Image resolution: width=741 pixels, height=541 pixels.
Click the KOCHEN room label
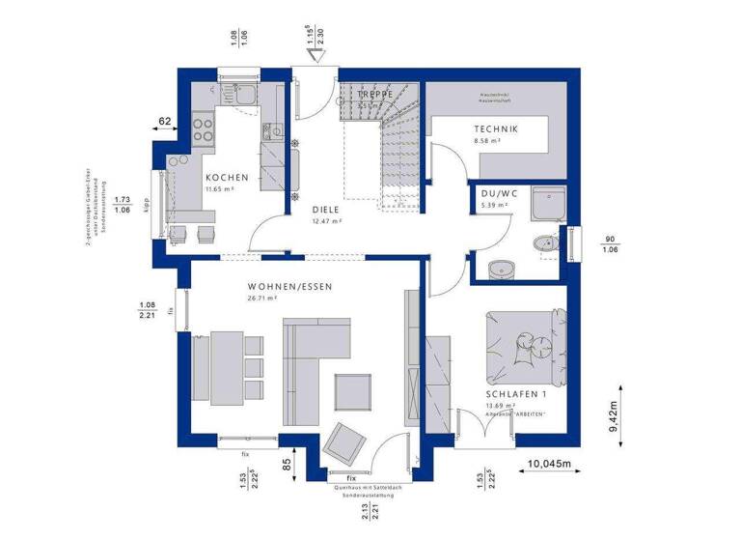[x=227, y=178]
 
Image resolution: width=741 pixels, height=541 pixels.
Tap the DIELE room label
[x=328, y=208]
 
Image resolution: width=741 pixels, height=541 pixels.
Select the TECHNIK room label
[x=497, y=129]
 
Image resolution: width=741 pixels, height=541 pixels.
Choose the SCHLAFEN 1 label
[x=516, y=394]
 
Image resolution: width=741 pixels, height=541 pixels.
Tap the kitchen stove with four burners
[x=204, y=128]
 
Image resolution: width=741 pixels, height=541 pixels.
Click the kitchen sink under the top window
[x=236, y=95]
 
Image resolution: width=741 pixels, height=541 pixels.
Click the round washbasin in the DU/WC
[x=501, y=268]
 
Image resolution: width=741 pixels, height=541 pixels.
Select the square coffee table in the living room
[x=352, y=391]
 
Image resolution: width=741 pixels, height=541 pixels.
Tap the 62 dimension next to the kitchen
[x=164, y=122]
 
